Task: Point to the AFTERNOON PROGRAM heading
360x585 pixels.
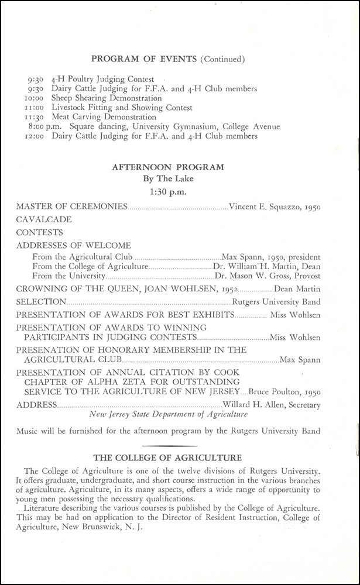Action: (167, 167)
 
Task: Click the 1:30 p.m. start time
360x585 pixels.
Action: (168, 191)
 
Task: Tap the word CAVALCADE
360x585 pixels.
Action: (44, 219)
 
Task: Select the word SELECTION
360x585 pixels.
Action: (41, 302)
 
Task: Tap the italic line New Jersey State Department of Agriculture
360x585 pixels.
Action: (169, 414)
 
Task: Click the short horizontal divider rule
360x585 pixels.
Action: (167, 446)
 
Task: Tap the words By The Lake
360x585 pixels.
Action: (167, 178)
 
